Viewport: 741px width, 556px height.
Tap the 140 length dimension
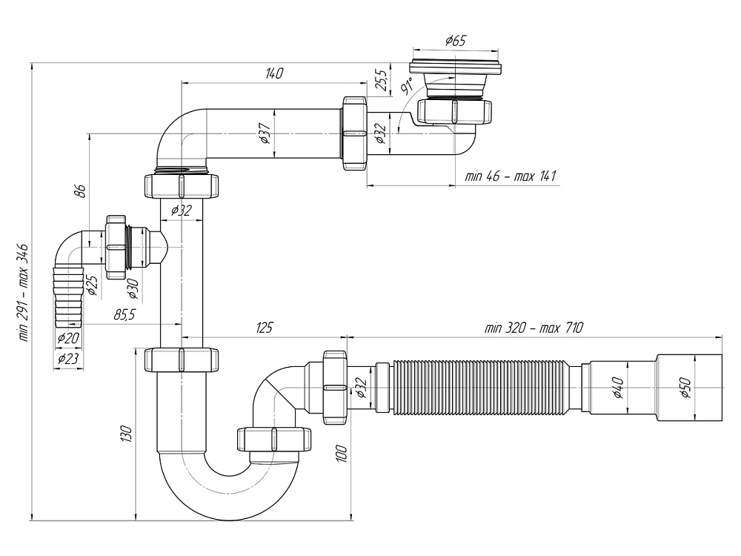pyautogui.click(x=274, y=73)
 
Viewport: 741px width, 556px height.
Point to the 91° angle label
pyautogui.click(x=406, y=86)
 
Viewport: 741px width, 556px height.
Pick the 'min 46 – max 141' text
pyautogui.click(x=511, y=176)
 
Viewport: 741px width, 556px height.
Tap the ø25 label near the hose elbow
pyautogui.click(x=93, y=284)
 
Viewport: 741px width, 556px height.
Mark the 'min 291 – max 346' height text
pyautogui.click(x=24, y=292)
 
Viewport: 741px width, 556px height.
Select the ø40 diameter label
pyautogui.click(x=618, y=388)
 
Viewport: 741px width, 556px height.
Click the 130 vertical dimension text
pyautogui.click(x=127, y=434)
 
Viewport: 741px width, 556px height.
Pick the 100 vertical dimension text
pyautogui.click(x=342, y=452)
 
